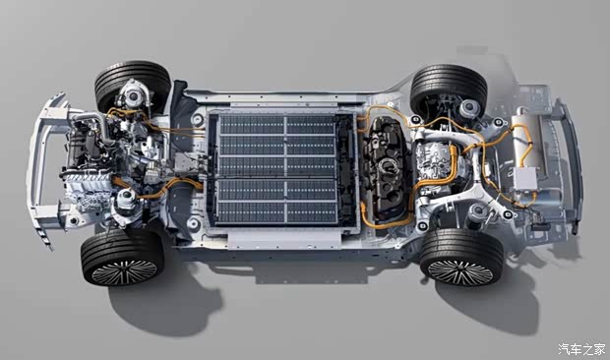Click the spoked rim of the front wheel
124,272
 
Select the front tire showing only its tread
132,85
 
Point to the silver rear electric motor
435,168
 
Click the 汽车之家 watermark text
582,349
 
